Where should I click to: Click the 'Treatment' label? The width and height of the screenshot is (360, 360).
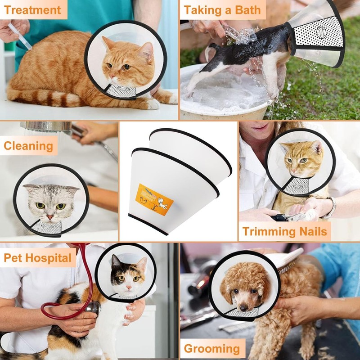pos(33,9)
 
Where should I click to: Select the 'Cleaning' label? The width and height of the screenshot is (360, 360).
pos(28,146)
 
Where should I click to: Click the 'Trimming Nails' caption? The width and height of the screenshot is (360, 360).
pos(284,232)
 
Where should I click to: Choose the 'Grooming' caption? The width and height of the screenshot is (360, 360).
pos(211,348)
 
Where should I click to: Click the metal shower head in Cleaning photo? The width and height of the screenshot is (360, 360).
pos(47,127)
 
